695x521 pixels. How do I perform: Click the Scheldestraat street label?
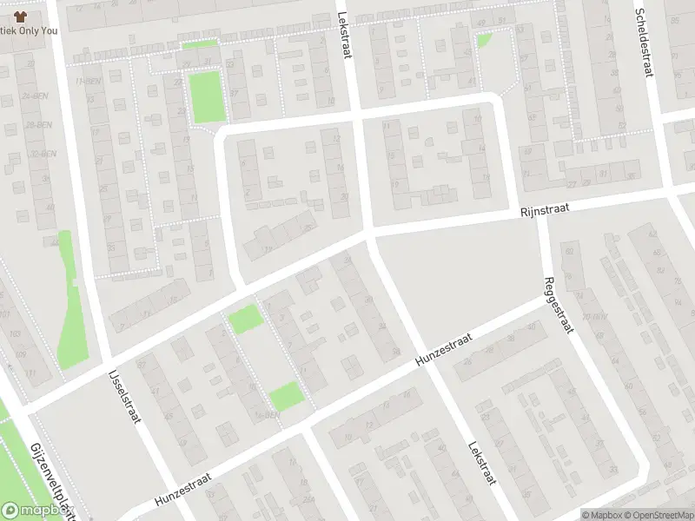643,43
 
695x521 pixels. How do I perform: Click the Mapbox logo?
37,511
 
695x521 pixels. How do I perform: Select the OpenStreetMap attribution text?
658,515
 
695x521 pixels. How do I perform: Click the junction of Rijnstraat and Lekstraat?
370,231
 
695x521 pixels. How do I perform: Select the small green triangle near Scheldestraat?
483,40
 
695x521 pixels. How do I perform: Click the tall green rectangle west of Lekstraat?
208,96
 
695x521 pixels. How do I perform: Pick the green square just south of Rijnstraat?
245,319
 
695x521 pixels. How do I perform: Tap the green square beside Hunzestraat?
286,397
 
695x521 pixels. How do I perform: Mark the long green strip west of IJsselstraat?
69,304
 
